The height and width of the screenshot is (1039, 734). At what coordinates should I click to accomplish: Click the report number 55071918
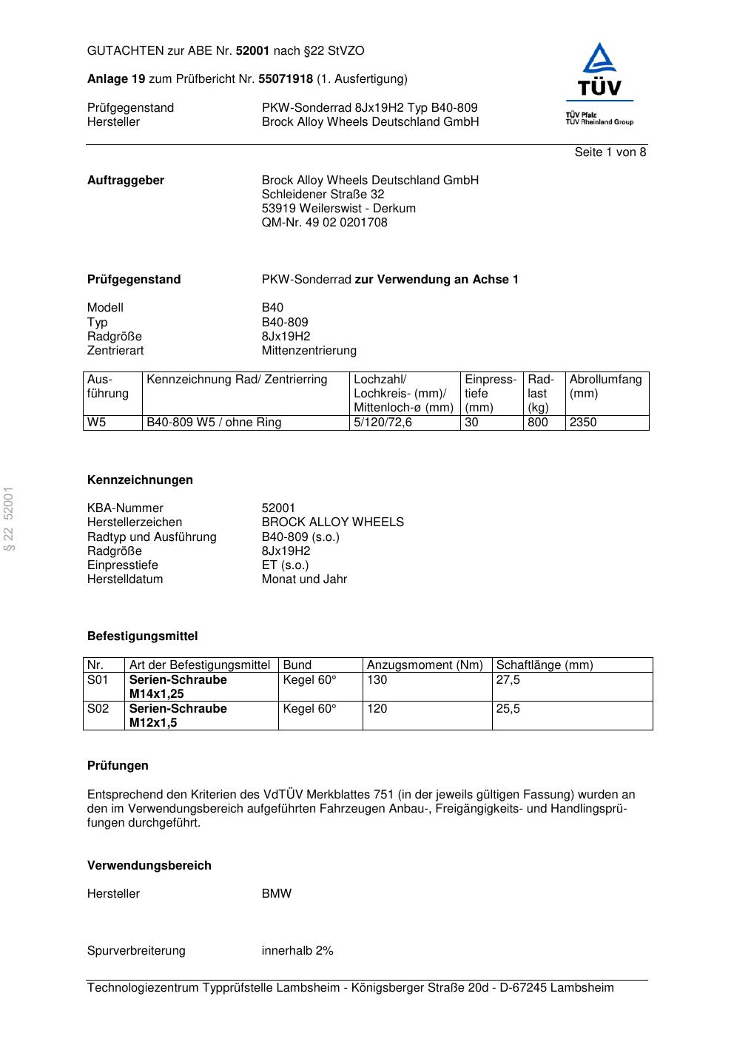285,79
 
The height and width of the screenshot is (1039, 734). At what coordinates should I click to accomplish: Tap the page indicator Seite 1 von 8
610,152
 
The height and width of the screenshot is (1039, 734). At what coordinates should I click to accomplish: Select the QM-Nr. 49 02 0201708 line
324,223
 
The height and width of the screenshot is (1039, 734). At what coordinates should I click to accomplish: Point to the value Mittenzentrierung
309,351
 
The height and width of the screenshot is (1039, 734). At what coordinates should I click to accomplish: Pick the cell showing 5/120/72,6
383,423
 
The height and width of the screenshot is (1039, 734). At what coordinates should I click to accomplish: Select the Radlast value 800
537,423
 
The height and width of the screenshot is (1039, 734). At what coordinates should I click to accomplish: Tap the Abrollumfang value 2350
582,423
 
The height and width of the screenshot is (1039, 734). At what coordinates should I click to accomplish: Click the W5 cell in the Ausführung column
96,423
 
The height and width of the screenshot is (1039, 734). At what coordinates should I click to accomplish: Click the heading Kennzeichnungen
140,480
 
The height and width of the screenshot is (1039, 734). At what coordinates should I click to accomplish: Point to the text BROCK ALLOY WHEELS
332,522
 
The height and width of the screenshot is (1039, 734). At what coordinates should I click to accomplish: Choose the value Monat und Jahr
304,579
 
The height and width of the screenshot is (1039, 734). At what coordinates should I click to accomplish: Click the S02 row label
98,709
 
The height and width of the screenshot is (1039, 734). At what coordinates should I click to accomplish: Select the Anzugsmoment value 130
377,680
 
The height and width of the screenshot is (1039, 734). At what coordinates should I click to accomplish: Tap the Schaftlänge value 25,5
508,709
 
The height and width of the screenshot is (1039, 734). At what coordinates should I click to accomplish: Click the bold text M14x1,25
156,694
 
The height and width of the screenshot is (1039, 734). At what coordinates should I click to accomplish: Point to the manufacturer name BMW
276,894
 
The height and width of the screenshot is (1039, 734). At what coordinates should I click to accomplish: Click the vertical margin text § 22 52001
9,519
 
